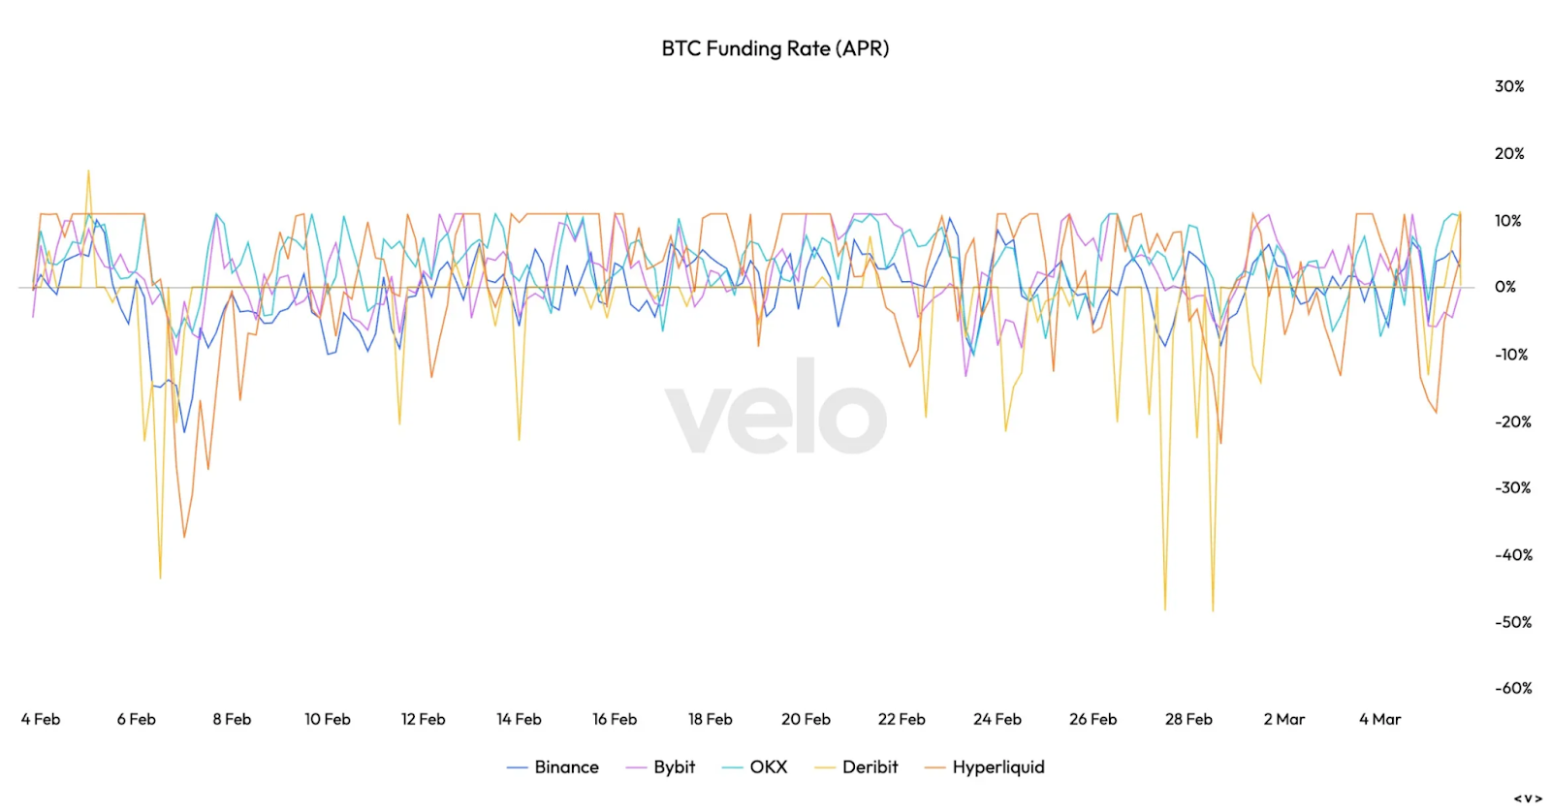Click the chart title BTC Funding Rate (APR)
[x=775, y=48]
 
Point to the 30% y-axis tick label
[x=1509, y=86]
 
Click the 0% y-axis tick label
[x=1505, y=287]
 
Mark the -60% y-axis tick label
[x=1513, y=688]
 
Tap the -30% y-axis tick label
[x=1513, y=487]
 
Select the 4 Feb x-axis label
[x=41, y=719]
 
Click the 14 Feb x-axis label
[x=519, y=719]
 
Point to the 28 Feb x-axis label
[x=1188, y=719]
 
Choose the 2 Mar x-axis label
[x=1284, y=719]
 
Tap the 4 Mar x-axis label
[x=1379, y=719]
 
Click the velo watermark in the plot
[x=775, y=407]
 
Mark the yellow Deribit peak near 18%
[x=88, y=172]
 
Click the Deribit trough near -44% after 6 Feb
[x=160, y=577]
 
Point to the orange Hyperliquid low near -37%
[x=184, y=536]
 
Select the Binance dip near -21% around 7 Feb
[x=184, y=431]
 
